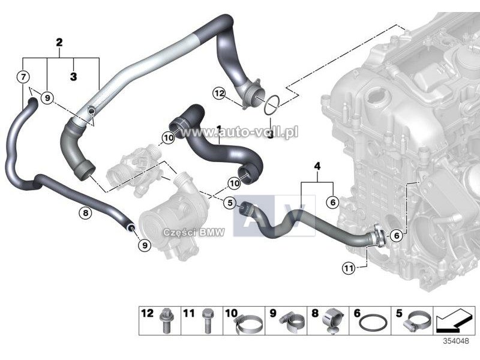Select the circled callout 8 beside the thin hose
(85, 212)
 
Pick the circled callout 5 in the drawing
(230, 203)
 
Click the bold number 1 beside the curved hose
(220, 128)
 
